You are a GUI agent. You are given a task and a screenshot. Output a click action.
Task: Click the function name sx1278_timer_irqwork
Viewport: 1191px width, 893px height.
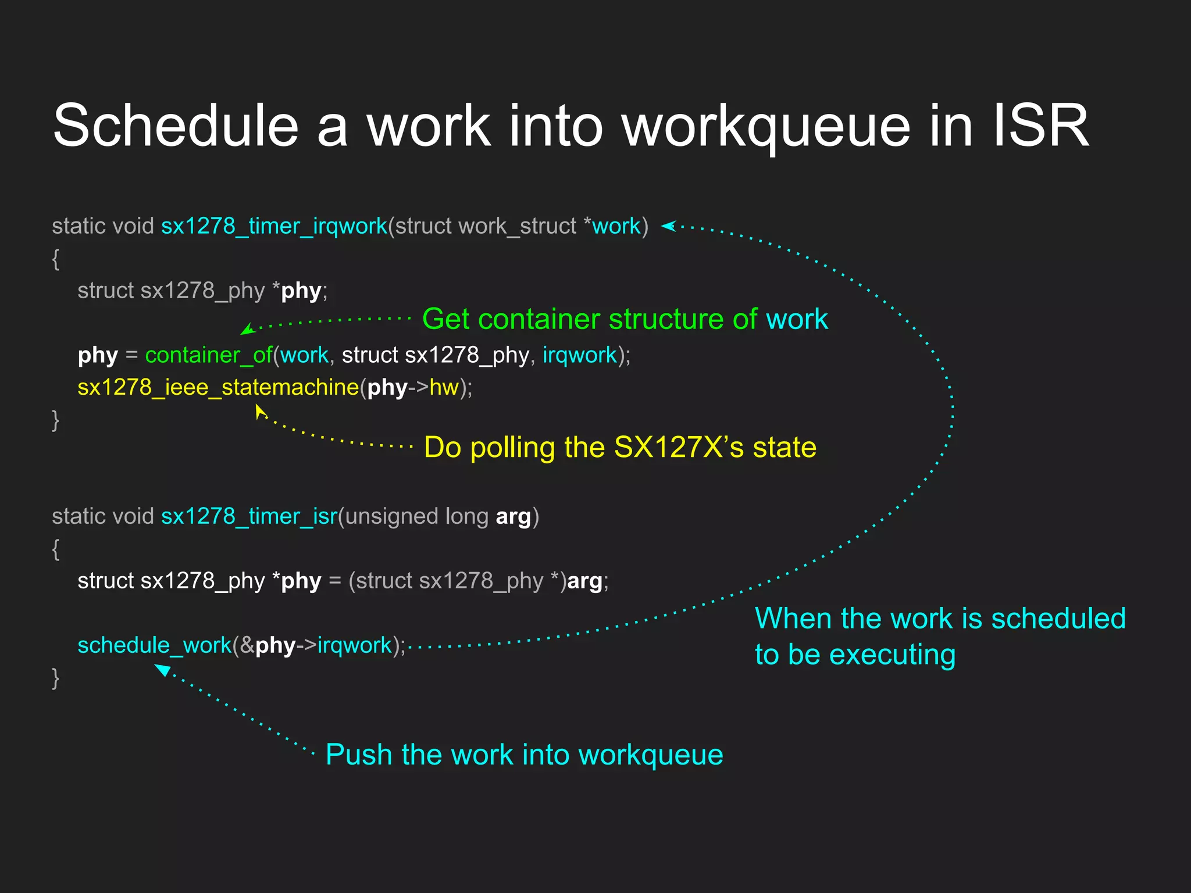tap(274, 226)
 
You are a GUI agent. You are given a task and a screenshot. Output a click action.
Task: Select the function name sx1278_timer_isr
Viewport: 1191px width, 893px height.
tap(249, 516)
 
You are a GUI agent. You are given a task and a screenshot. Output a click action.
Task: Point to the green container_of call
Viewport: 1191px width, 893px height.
tap(208, 355)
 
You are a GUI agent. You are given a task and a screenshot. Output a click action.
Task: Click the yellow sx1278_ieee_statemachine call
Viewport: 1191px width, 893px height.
tap(218, 387)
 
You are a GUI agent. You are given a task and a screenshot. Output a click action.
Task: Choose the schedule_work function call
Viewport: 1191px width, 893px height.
tap(154, 645)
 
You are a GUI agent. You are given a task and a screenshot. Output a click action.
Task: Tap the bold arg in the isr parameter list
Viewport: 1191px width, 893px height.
tap(513, 517)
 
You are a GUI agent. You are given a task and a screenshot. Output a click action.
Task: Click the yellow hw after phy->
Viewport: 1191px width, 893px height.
tap(444, 387)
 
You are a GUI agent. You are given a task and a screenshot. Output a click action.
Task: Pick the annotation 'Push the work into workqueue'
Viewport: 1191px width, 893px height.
tap(524, 755)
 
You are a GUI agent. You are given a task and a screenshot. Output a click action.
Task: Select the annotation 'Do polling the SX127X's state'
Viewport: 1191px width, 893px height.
tap(620, 448)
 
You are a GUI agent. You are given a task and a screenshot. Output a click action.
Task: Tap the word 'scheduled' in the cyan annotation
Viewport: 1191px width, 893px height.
tap(1058, 619)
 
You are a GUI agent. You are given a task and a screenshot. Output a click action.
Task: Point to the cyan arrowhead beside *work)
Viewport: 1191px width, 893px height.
tap(668, 226)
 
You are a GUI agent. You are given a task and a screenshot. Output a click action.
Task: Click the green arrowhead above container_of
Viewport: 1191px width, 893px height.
tap(247, 330)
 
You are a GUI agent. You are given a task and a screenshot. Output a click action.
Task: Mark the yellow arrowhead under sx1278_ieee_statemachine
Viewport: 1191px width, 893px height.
tap(259, 411)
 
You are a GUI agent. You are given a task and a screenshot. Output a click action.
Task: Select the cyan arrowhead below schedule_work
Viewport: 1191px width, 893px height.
tap(162, 670)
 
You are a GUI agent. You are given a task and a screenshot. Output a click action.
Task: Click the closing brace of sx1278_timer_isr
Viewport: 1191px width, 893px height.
tap(56, 678)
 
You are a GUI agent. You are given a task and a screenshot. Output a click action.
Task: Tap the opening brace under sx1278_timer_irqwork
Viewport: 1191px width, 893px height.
tap(56, 259)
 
